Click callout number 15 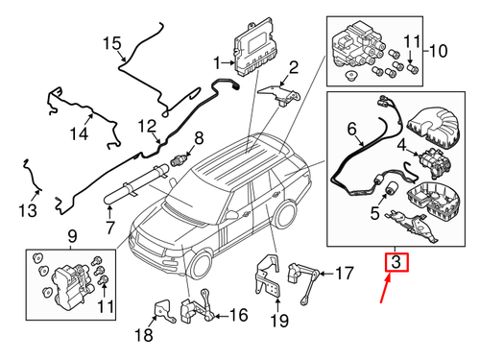113,42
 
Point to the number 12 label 146,126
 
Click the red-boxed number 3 396,261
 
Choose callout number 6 351,127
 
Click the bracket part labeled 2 278,88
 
